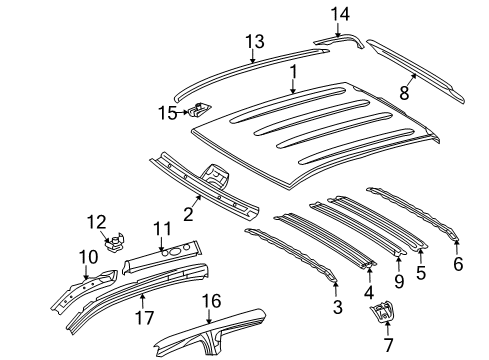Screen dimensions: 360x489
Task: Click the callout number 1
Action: [x=294, y=73]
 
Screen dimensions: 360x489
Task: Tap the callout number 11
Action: [x=160, y=229]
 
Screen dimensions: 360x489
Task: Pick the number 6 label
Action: [x=459, y=265]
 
